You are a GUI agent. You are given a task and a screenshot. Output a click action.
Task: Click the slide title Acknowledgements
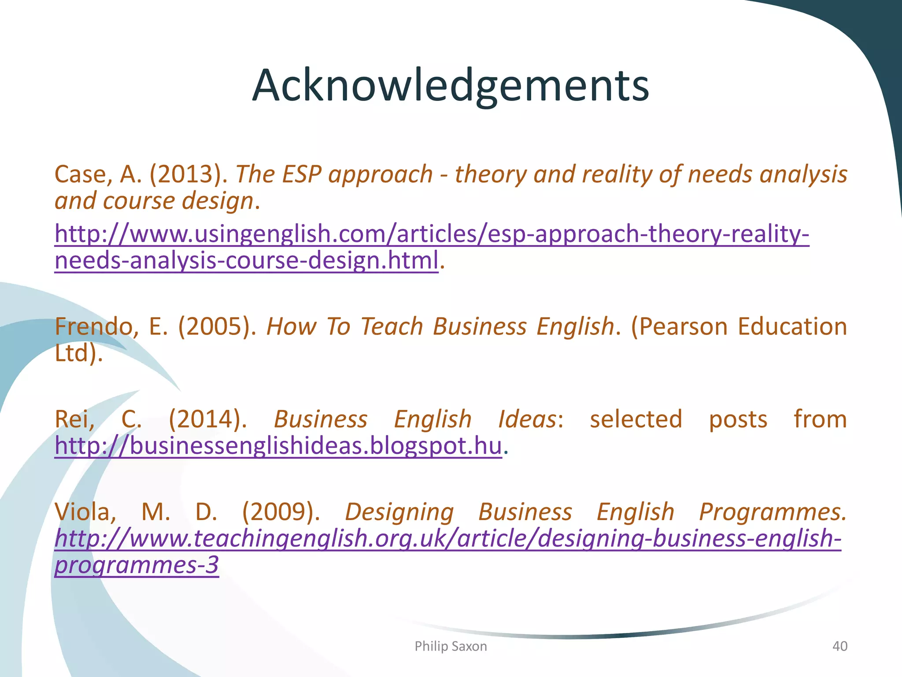(x=451, y=86)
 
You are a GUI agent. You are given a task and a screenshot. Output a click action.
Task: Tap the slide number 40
(x=839, y=646)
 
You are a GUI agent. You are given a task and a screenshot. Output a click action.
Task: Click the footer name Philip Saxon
(x=451, y=646)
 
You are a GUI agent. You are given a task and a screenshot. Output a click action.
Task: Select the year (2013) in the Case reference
(x=189, y=174)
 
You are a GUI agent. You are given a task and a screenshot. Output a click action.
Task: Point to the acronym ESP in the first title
(x=301, y=174)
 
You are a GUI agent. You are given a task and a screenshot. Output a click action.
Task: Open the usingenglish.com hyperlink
(x=432, y=234)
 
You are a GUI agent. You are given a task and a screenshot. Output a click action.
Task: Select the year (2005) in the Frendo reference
(x=217, y=327)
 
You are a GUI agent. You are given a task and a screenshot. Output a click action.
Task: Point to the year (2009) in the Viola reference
(x=281, y=512)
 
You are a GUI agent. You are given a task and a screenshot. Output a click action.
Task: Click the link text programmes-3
(x=137, y=565)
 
